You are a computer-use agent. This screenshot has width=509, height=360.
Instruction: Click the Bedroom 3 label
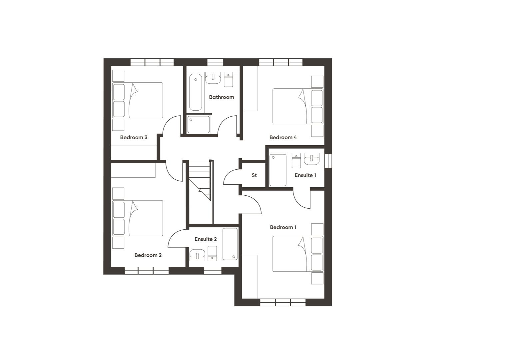point(134,137)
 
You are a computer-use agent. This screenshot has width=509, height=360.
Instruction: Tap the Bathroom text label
point(222,97)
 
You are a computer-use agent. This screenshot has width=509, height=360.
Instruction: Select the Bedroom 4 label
point(283,137)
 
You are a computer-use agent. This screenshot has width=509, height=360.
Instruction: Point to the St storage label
point(254,175)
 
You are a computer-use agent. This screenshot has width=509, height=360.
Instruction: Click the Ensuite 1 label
point(305,175)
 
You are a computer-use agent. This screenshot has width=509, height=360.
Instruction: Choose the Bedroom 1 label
point(283,227)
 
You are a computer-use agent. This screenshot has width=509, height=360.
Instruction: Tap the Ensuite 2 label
point(206,239)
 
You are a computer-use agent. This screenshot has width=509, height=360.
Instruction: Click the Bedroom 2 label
point(148,255)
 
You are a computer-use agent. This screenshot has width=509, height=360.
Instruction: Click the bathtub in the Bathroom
point(196,92)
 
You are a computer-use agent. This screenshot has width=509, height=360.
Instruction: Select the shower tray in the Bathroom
point(199,124)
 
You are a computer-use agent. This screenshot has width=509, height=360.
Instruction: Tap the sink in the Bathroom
point(213,79)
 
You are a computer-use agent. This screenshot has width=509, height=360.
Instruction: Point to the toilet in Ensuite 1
point(296,161)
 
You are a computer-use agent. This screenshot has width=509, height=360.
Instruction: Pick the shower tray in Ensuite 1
point(278,170)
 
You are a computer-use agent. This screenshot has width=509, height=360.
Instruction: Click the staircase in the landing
point(200,180)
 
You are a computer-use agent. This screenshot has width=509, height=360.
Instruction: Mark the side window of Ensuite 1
point(328,160)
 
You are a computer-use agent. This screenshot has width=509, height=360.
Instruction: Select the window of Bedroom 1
point(282,302)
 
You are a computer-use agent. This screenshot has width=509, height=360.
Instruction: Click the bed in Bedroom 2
point(138,218)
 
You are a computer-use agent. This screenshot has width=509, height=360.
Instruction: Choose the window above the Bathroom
point(215,62)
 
